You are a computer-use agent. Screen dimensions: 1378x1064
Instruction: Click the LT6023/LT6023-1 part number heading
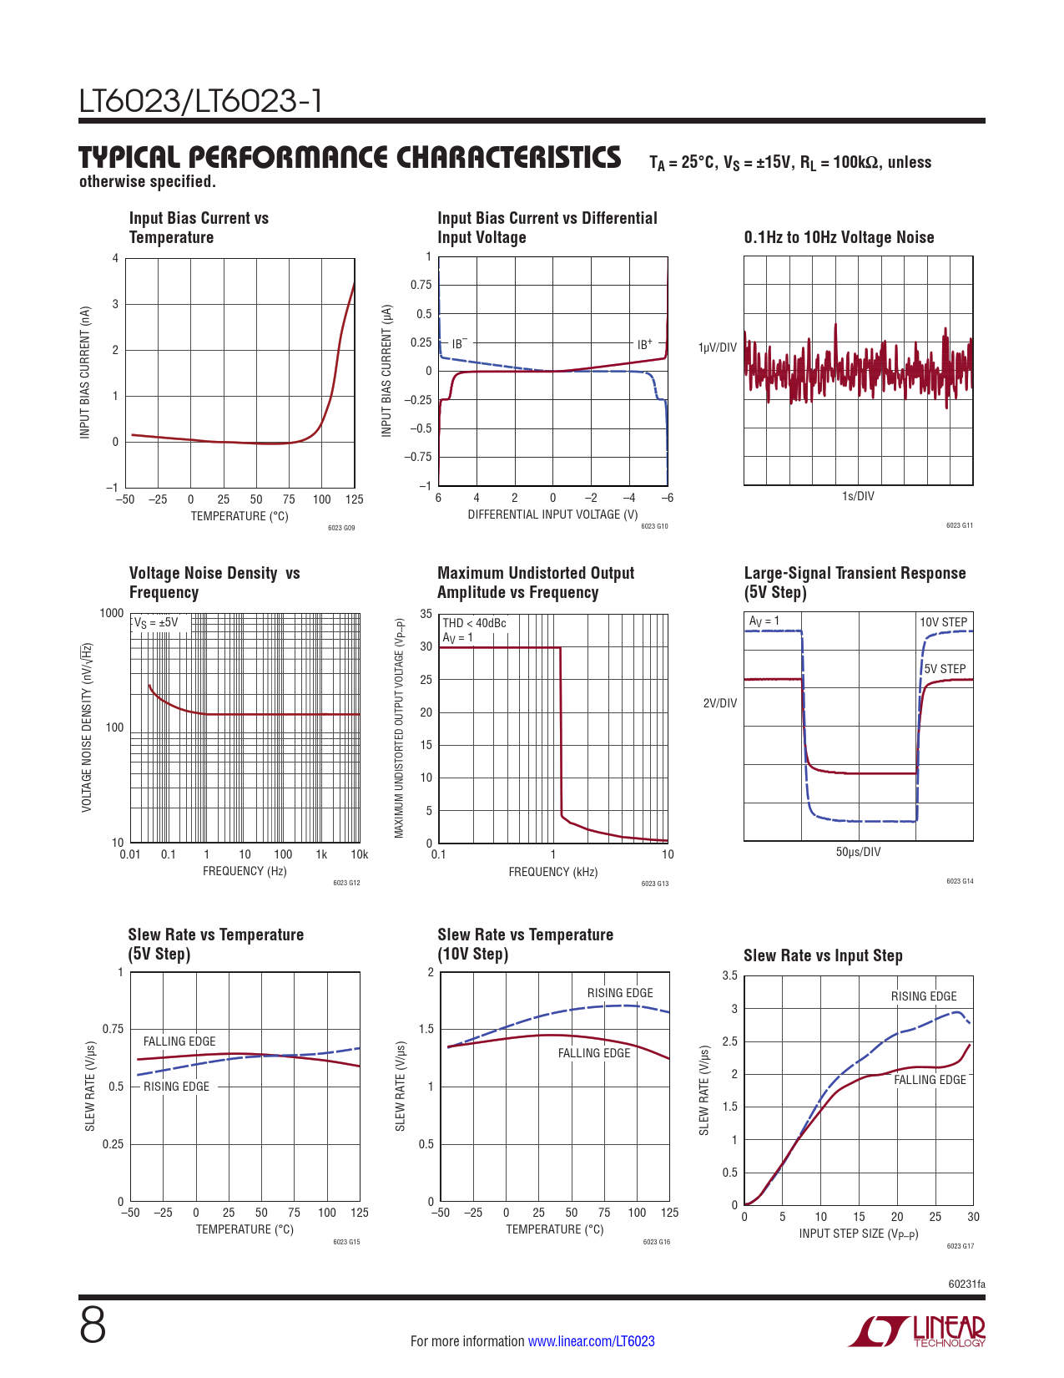click(x=200, y=102)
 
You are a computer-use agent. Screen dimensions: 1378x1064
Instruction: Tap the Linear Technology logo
click(x=918, y=1331)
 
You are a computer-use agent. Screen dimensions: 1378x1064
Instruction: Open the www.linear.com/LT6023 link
click(x=591, y=1341)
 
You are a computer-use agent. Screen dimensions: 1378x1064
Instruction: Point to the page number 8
click(x=93, y=1326)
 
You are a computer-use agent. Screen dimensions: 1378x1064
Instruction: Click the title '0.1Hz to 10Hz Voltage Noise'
click(x=839, y=238)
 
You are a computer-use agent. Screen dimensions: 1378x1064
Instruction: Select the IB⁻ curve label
click(x=459, y=344)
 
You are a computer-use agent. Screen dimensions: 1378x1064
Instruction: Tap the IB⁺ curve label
click(x=644, y=344)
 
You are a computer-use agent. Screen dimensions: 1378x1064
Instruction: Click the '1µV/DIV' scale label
click(x=717, y=347)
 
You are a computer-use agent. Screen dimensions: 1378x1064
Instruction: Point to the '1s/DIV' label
click(x=858, y=496)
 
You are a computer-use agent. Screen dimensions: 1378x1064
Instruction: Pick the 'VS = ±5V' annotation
click(x=156, y=622)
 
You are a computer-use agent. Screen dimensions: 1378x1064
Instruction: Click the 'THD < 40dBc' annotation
click(x=474, y=623)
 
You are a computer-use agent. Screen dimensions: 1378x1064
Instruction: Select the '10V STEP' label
click(x=943, y=622)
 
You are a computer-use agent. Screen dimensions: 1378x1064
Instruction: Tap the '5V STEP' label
click(x=945, y=669)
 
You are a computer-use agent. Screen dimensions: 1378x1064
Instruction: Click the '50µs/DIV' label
click(x=858, y=852)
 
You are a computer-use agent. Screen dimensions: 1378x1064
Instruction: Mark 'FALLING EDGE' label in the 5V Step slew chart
click(x=179, y=1041)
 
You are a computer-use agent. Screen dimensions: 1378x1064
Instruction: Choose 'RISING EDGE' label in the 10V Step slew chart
click(x=620, y=993)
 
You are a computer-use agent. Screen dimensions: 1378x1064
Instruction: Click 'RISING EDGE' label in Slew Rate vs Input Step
click(x=924, y=996)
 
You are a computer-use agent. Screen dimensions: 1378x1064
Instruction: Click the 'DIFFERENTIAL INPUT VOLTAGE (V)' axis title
click(x=552, y=514)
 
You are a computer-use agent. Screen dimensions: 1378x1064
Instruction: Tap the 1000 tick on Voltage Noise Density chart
click(x=112, y=614)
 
